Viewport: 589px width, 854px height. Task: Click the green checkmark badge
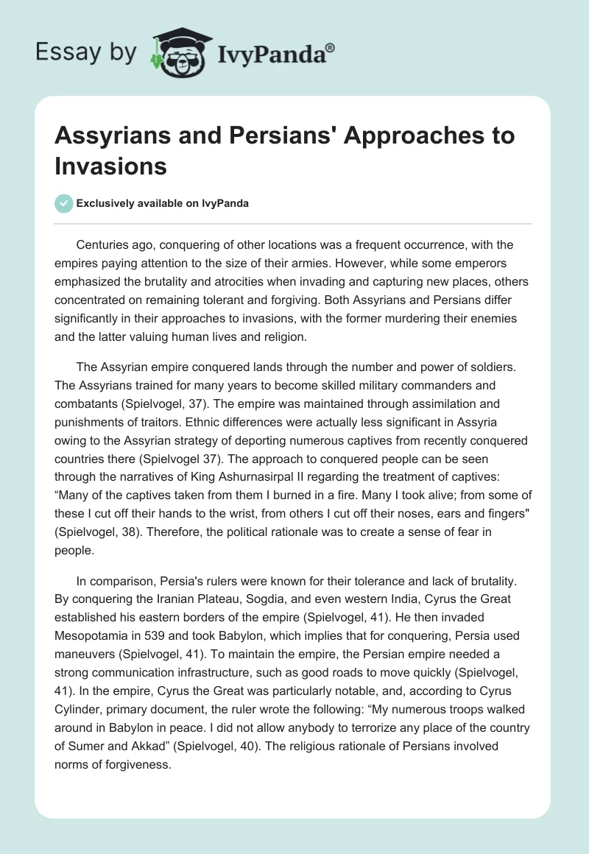65,203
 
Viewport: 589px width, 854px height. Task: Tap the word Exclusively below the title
107,203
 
